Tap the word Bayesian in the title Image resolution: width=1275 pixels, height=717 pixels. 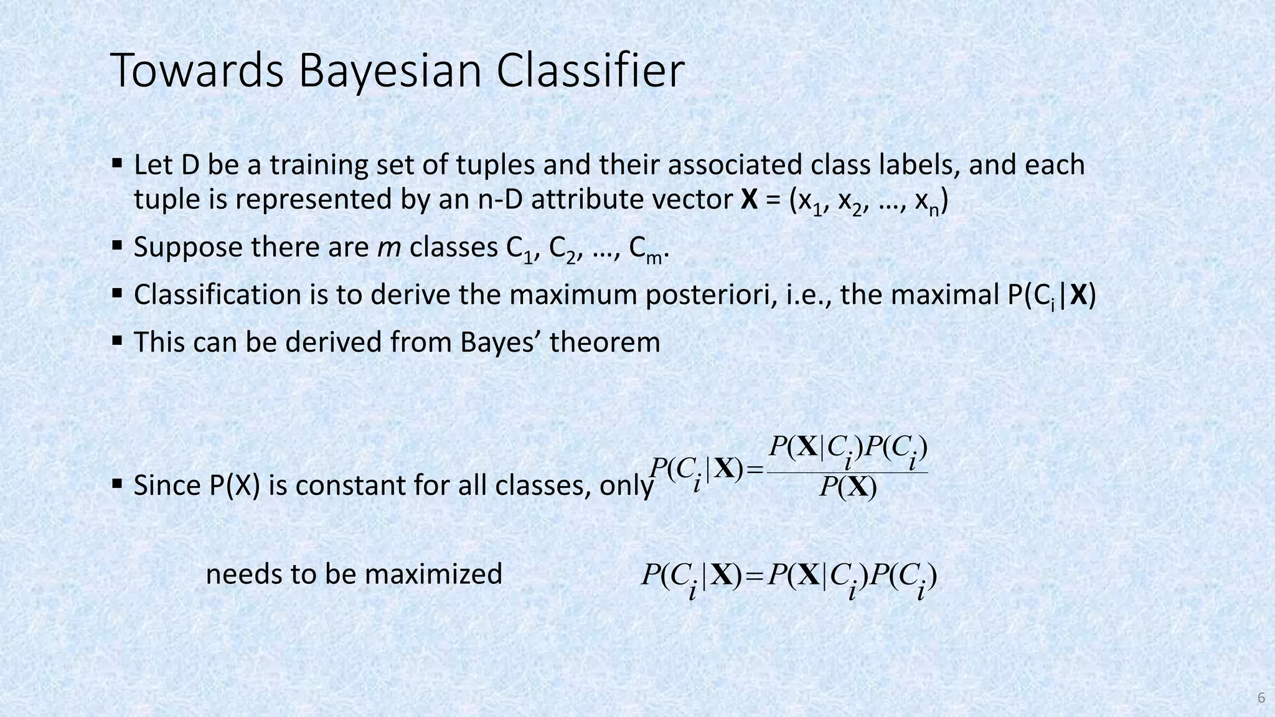[390, 71]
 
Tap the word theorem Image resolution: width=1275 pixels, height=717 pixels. [605, 342]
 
